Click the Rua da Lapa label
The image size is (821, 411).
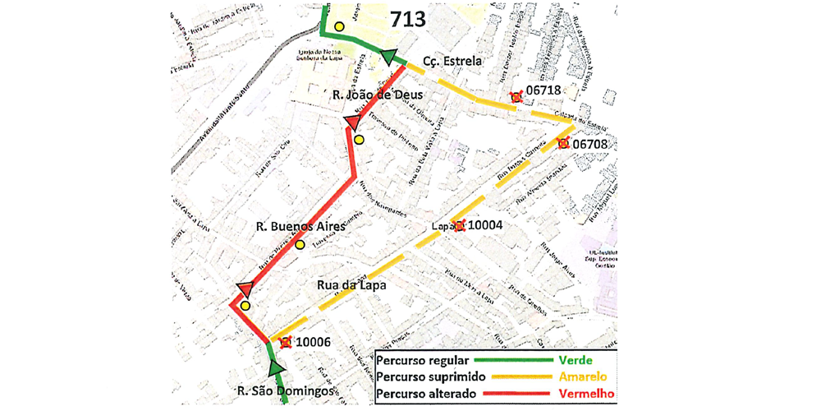(351, 285)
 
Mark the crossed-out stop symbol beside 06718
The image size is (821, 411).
(516, 98)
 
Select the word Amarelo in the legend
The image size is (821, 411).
(585, 377)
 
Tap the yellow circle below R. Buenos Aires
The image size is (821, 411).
(300, 244)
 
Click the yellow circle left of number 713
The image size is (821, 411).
(338, 25)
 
